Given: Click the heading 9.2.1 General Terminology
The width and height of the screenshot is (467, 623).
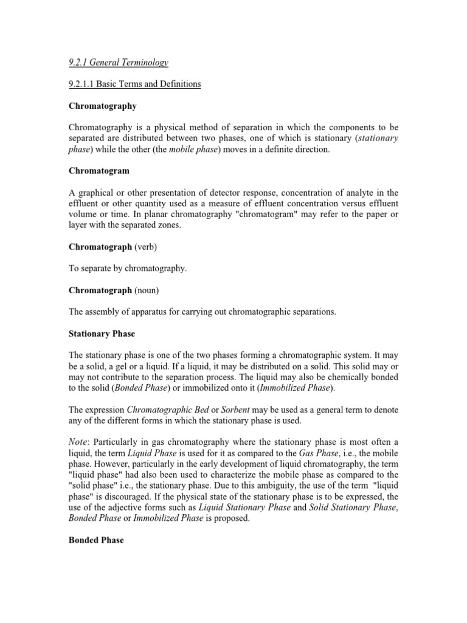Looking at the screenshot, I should (117, 62).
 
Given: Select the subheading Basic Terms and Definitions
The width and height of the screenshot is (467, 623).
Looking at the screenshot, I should (134, 84).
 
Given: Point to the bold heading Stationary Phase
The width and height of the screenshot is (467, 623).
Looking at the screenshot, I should (102, 334).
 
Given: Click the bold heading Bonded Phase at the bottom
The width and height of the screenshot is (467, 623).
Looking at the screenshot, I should (95, 540).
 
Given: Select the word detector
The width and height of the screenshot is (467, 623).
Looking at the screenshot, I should (232, 193).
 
